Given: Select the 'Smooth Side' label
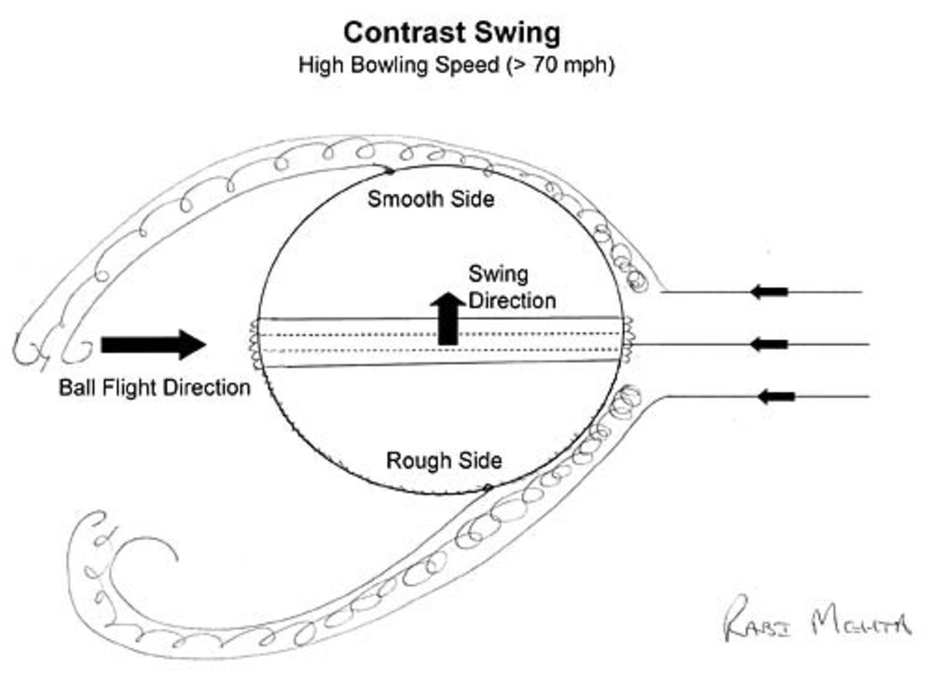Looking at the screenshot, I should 430,199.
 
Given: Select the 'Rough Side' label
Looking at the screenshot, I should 443,461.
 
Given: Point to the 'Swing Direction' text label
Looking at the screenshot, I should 511,287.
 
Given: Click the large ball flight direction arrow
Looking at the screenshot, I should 153,344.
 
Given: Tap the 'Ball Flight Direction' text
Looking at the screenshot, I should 154,388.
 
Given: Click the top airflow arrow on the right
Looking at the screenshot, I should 769,293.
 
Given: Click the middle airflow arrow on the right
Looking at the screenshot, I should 769,343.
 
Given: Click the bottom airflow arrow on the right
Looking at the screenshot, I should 775,397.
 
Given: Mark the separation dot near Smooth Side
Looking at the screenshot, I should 391,172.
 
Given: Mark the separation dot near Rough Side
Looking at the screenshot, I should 488,486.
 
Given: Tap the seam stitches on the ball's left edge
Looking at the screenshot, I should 255,343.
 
